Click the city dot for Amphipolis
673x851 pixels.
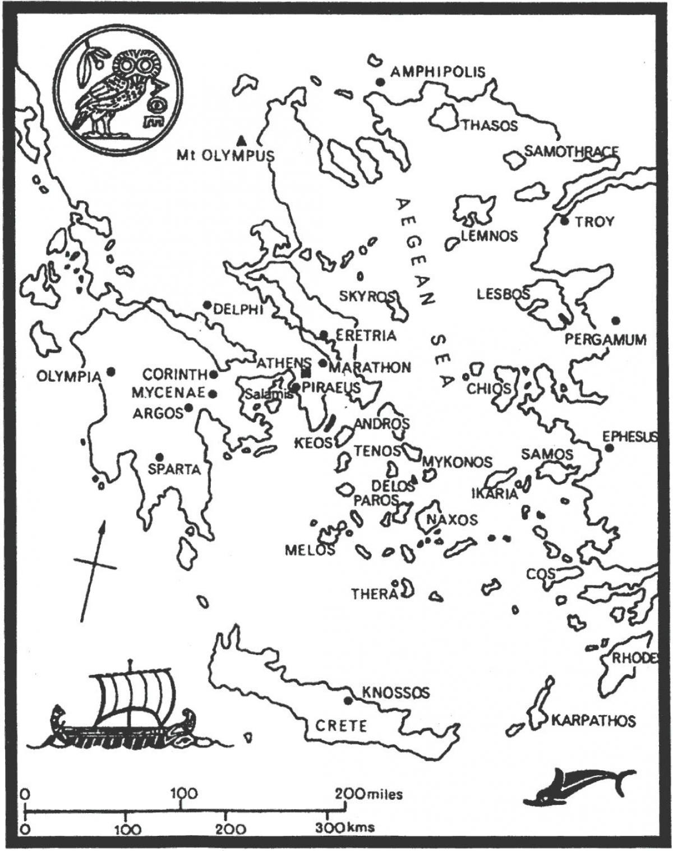[380, 82]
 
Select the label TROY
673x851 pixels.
[594, 222]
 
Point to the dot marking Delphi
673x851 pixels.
[207, 305]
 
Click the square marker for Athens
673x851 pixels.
[306, 373]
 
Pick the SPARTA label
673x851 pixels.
[174, 469]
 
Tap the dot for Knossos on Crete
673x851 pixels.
[348, 701]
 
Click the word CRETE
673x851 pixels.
[341, 726]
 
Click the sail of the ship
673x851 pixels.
[133, 693]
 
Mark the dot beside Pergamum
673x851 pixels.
[615, 321]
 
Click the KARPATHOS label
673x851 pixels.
[593, 720]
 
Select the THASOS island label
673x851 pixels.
[489, 125]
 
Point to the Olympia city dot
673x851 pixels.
[112, 372]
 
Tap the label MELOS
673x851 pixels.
[310, 550]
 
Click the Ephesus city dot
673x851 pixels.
[609, 448]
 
